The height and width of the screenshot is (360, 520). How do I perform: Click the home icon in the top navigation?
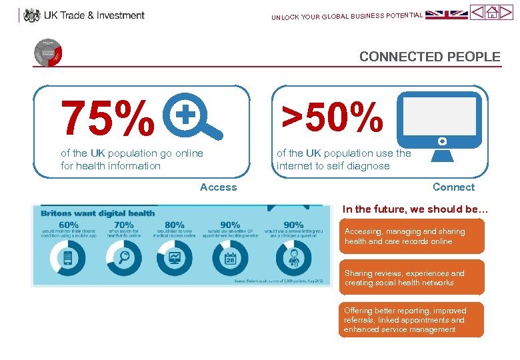click(x=493, y=12)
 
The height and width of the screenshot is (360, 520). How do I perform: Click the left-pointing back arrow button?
click(x=477, y=12)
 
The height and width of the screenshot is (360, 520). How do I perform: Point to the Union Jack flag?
click(x=446, y=14)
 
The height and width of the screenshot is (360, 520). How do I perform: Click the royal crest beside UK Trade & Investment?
click(x=31, y=15)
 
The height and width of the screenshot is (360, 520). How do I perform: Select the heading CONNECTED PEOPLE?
click(x=429, y=57)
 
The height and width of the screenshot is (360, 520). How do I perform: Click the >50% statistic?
click(x=333, y=116)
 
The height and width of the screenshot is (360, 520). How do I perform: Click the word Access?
click(x=218, y=187)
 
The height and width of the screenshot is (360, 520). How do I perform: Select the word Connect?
click(x=453, y=187)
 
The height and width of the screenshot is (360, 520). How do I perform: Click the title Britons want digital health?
click(x=98, y=213)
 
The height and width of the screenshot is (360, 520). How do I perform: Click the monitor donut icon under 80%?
click(x=175, y=258)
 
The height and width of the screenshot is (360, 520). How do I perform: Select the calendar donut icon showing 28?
click(x=229, y=258)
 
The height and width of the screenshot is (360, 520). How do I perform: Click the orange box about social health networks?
click(x=411, y=278)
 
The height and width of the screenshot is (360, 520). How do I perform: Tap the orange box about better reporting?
click(x=411, y=320)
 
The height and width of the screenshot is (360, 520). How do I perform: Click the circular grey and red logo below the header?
click(x=47, y=53)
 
